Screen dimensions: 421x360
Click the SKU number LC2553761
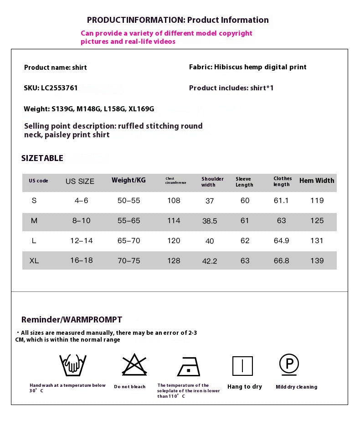[x=59, y=88]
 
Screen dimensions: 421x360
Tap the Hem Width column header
[x=317, y=181]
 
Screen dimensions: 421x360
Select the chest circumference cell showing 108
[x=174, y=201]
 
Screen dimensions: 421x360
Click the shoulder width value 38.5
[x=210, y=221]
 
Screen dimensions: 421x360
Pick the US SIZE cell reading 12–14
[x=81, y=241]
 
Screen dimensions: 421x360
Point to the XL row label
[x=34, y=261]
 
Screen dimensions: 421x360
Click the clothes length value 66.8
[x=281, y=261]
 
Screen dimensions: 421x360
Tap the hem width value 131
[x=317, y=241]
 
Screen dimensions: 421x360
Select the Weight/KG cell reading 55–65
[x=129, y=221]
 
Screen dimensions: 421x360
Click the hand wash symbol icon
[x=73, y=365]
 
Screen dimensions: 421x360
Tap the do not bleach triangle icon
[x=134, y=365]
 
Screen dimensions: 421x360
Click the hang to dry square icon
[x=242, y=366]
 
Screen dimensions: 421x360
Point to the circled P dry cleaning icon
[x=289, y=364]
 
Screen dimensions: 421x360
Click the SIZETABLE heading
[x=42, y=158]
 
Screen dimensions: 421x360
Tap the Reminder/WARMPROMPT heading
[x=72, y=320]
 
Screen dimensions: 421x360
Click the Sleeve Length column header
[x=244, y=182]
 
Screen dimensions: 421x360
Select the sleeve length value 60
[x=245, y=201]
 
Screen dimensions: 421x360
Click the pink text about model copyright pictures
[x=166, y=37]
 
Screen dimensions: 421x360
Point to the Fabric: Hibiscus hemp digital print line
[x=247, y=67]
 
